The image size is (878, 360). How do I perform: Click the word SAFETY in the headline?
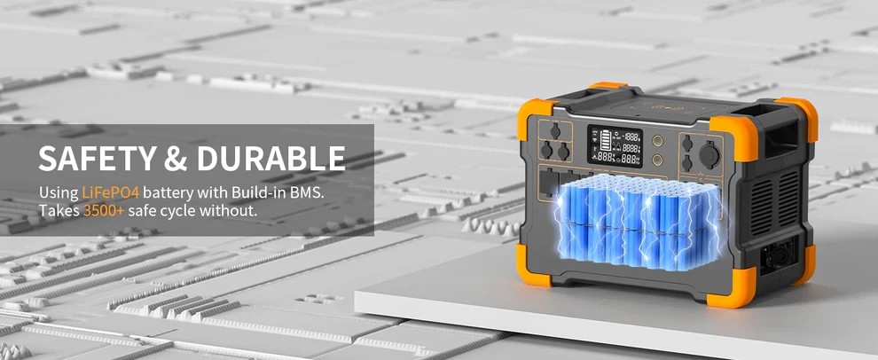[95, 159]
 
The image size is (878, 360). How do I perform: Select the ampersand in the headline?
[175, 159]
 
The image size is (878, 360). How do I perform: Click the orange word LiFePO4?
[110, 192]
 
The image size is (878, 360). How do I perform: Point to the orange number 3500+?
[104, 211]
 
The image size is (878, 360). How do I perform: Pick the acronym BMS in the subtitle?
[306, 192]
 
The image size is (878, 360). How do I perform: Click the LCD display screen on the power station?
[615, 146]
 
